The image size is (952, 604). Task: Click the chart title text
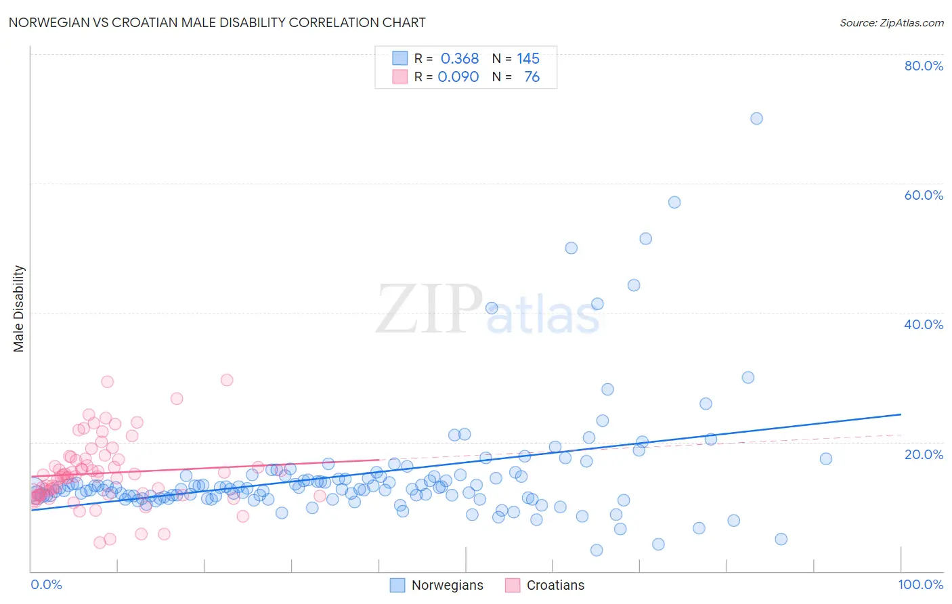pyautogui.click(x=217, y=22)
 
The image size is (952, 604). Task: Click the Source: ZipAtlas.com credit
pyautogui.click(x=891, y=22)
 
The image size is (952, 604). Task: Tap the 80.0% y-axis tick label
pyautogui.click(x=924, y=66)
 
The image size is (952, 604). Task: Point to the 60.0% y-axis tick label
pyautogui.click(x=924, y=195)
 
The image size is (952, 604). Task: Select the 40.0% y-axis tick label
pyautogui.click(x=924, y=324)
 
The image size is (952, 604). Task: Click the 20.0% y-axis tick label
pyautogui.click(x=924, y=454)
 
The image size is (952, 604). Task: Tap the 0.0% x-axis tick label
pyautogui.click(x=46, y=584)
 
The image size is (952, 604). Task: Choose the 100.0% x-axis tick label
pyautogui.click(x=920, y=584)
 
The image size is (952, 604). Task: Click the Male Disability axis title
pyautogui.click(x=19, y=308)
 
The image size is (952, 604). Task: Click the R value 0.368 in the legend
pyautogui.click(x=460, y=59)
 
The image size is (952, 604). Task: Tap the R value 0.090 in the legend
pyautogui.click(x=458, y=77)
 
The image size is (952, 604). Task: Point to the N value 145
pyautogui.click(x=528, y=59)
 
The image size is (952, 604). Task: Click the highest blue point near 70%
pyautogui.click(x=756, y=118)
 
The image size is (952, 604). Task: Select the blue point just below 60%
pyautogui.click(x=674, y=202)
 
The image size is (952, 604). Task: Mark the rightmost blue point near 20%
pyautogui.click(x=826, y=458)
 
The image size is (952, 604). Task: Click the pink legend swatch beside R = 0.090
pyautogui.click(x=399, y=77)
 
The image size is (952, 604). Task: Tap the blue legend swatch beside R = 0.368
pyautogui.click(x=399, y=59)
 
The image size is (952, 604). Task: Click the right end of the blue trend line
pyautogui.click(x=901, y=414)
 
